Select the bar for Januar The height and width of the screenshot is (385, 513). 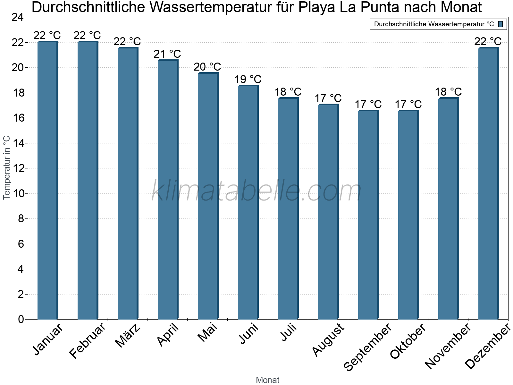pyautogui.click(x=47, y=180)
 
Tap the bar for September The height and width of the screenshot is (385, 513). pyautogui.click(x=368, y=215)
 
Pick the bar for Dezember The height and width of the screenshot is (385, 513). pyautogui.click(x=488, y=184)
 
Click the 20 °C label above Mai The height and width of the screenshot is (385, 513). pyautogui.click(x=207, y=67)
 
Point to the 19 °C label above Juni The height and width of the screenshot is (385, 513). pyautogui.click(x=248, y=79)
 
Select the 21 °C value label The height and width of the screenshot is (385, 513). pyautogui.click(x=167, y=54)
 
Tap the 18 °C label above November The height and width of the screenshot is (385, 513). pyautogui.click(x=448, y=92)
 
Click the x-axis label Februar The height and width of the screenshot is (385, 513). pyautogui.click(x=87, y=341)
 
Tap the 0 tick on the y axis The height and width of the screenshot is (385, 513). pyautogui.click(x=21, y=319)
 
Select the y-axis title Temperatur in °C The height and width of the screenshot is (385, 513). pyautogui.click(x=7, y=168)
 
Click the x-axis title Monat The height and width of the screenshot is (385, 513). pyautogui.click(x=267, y=380)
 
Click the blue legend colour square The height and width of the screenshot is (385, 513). pyautogui.click(x=500, y=24)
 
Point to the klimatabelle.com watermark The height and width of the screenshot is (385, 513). pyautogui.click(x=256, y=192)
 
